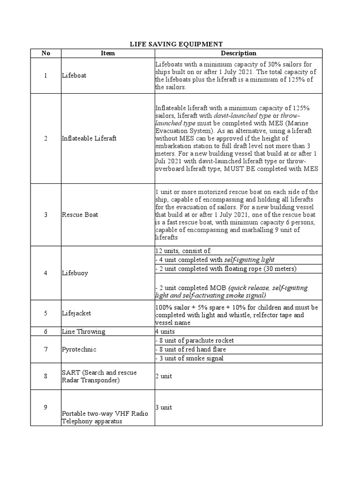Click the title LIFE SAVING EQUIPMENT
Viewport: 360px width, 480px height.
point(176,44)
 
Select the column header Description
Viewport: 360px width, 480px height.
point(239,53)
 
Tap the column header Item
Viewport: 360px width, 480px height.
point(108,53)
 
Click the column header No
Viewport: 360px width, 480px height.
point(45,53)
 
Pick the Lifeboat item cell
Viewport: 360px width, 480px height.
point(74,75)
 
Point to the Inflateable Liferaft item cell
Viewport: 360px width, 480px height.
point(89,138)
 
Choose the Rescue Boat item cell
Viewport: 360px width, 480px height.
point(80,215)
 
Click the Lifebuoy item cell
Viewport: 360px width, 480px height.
point(75,273)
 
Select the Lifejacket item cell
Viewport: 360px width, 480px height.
point(77,313)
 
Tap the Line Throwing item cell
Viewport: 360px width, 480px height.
point(83,331)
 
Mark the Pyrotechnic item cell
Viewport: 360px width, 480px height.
point(78,349)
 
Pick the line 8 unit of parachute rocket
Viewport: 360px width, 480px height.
point(194,340)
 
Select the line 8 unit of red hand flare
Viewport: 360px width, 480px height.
point(190,349)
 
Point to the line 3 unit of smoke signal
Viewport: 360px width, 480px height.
point(189,358)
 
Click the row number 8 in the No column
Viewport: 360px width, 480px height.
point(45,376)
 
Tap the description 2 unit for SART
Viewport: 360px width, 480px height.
point(165,376)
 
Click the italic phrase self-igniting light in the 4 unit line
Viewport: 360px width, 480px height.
point(249,260)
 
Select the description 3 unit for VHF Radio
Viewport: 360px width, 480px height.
point(165,407)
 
